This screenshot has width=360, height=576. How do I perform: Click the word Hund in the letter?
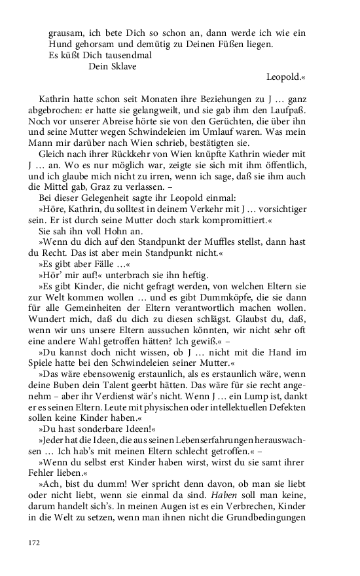click(60, 45)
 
